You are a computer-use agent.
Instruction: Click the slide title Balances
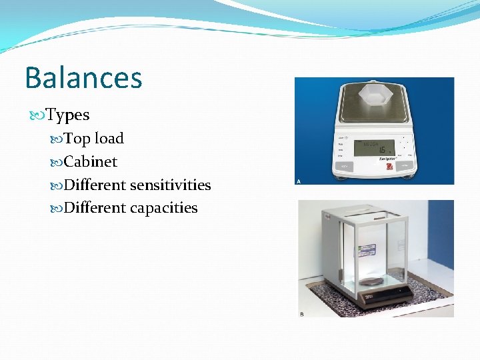(x=83, y=77)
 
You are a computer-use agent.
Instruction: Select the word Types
(x=67, y=115)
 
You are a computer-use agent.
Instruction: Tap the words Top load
(x=93, y=139)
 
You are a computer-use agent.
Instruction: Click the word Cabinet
(x=91, y=162)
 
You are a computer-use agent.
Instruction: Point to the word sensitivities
(x=170, y=185)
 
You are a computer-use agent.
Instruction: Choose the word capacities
(x=163, y=208)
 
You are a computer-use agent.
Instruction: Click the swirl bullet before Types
(x=37, y=116)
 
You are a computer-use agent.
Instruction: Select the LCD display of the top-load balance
(x=374, y=147)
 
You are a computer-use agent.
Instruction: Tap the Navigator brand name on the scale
(x=387, y=159)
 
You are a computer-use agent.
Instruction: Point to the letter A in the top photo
(x=298, y=181)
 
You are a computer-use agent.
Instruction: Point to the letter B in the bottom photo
(x=301, y=313)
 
